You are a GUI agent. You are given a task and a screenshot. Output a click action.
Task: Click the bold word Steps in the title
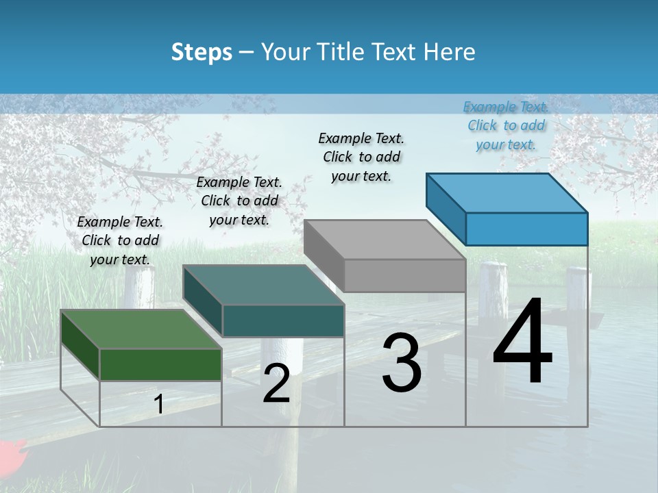(202, 52)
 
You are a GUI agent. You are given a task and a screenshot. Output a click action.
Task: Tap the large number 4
(522, 342)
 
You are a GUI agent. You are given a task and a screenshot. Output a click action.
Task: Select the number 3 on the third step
(402, 364)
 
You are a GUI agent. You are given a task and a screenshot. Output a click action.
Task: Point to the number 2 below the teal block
(276, 383)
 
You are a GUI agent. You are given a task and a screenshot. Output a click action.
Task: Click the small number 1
(158, 405)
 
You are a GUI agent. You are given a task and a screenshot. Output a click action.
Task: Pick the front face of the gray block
(404, 276)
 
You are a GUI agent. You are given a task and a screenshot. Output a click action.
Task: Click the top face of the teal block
(264, 285)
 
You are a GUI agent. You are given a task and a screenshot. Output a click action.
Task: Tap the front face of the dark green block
(160, 364)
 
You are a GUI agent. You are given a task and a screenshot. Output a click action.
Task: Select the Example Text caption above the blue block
(506, 125)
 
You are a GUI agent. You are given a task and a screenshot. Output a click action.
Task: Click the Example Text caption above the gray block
(361, 157)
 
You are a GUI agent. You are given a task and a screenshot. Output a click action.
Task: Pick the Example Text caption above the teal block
(239, 201)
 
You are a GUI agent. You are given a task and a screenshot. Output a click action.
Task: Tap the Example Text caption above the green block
(120, 240)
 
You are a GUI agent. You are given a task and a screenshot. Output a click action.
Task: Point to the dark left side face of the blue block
(446, 208)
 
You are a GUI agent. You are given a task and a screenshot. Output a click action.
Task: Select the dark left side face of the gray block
(324, 254)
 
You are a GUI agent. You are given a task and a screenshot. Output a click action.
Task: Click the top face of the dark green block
(141, 329)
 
